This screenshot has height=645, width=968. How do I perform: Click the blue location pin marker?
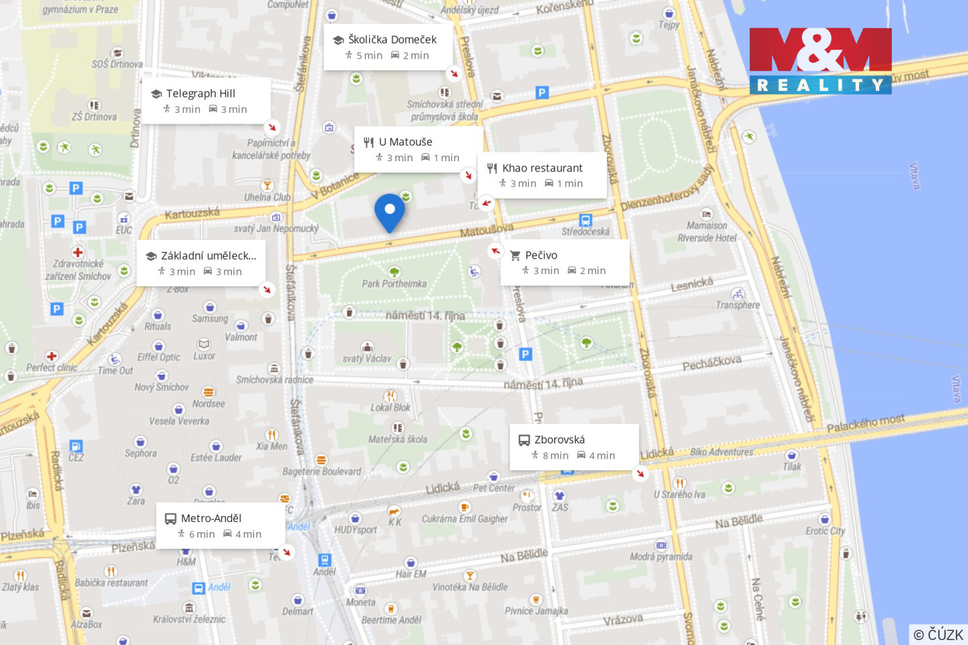(x=389, y=212)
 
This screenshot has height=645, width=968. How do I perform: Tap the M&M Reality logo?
(x=820, y=60)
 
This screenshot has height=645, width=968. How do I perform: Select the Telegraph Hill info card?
(x=206, y=101)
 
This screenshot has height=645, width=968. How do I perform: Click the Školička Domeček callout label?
(x=387, y=47)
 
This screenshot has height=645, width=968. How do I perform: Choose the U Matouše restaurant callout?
(x=417, y=149)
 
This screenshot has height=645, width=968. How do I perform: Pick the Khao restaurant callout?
(x=542, y=175)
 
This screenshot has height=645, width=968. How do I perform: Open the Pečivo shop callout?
(x=565, y=262)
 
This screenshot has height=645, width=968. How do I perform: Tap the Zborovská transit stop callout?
(x=573, y=447)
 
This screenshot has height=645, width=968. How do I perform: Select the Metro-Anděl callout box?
(x=220, y=525)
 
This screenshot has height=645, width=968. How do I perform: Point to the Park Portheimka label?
(x=394, y=284)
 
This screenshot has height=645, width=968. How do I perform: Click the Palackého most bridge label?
(x=865, y=423)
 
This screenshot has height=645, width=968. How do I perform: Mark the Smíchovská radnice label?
(x=274, y=380)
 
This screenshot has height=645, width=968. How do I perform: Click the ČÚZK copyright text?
(x=938, y=634)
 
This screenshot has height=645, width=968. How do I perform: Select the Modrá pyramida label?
(x=661, y=556)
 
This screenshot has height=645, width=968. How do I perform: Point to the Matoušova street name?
(x=487, y=230)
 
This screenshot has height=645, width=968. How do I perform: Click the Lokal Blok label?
(x=391, y=407)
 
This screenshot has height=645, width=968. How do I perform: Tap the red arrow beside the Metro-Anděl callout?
(x=287, y=552)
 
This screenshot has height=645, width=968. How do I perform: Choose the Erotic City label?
(x=825, y=531)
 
